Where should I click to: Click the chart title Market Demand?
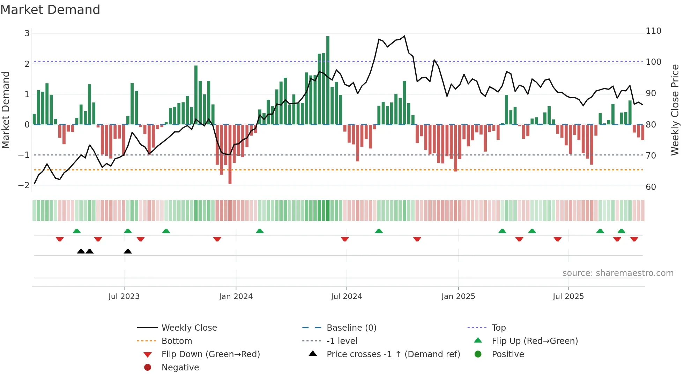(x=50, y=10)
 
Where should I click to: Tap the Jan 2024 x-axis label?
(x=236, y=297)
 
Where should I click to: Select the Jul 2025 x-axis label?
(x=568, y=297)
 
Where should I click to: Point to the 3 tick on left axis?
(x=27, y=33)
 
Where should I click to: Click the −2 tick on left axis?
(x=24, y=185)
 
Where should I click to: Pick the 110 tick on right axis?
(x=653, y=31)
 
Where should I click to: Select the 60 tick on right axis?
(x=651, y=187)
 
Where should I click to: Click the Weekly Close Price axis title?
(x=675, y=110)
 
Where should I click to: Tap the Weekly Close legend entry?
(x=189, y=328)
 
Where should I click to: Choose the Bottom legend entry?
(x=177, y=341)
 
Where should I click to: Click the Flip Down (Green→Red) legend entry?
(x=210, y=354)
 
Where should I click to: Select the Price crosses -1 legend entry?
(x=393, y=354)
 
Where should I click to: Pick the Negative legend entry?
(x=180, y=368)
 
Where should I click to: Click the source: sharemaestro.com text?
(x=618, y=273)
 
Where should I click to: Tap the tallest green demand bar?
(x=328, y=80)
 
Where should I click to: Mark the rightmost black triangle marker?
(x=128, y=252)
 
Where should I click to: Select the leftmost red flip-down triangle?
(x=60, y=239)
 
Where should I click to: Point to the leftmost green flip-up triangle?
(x=77, y=231)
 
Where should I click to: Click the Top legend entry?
(x=498, y=328)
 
